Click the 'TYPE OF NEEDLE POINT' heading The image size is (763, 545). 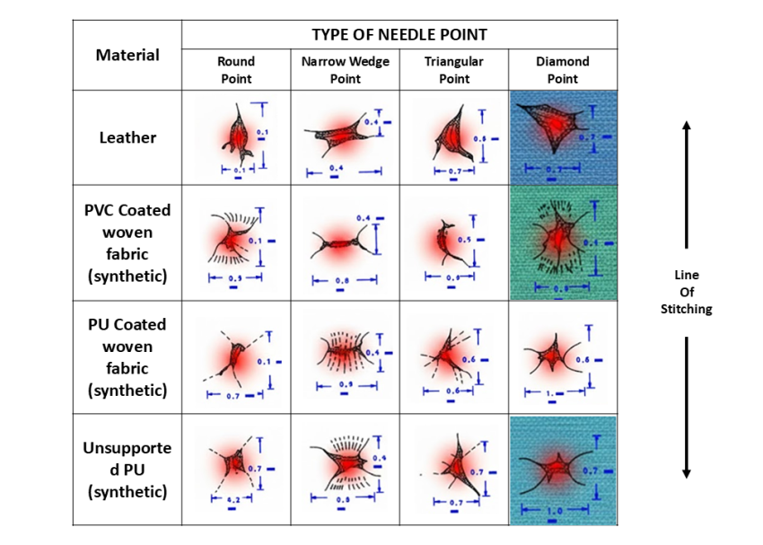tap(399, 35)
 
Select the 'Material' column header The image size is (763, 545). tap(127, 55)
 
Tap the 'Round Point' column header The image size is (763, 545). tap(236, 70)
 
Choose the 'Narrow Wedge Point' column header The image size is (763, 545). tap(345, 70)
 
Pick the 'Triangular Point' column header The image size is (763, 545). tap(454, 70)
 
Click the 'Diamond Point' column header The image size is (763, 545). tap(563, 70)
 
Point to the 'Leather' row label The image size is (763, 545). tap(127, 137)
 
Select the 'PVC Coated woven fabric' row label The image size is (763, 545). tap(127, 243)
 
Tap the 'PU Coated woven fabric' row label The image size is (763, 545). tap(127, 357)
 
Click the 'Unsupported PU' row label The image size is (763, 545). tap(127, 470)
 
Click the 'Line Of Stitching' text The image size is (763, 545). tap(686, 293)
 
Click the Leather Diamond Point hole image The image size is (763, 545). tap(563, 137)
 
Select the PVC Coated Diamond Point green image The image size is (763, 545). tap(563, 242)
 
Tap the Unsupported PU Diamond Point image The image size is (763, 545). tap(563, 470)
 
